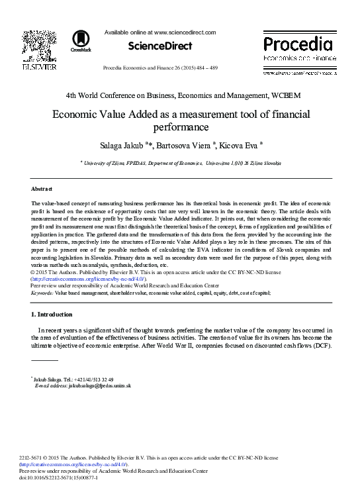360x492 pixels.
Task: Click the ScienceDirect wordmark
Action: (160, 46)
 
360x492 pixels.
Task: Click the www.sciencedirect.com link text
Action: (185, 32)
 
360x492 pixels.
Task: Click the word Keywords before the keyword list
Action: (42, 292)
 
